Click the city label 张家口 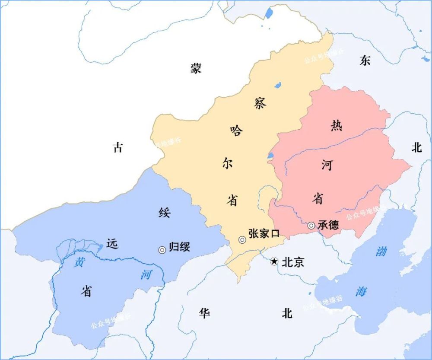(x=264, y=233)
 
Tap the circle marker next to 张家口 (x=242, y=240)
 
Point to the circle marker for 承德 (x=311, y=225)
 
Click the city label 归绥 (x=179, y=247)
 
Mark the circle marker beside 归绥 (x=162, y=249)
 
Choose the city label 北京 (x=293, y=262)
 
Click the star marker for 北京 (x=274, y=261)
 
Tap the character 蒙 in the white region (x=196, y=68)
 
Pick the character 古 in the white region (x=118, y=148)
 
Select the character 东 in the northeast (x=365, y=61)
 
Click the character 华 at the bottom (x=204, y=313)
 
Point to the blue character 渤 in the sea (x=381, y=251)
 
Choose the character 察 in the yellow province (x=260, y=103)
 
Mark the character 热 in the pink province (x=336, y=126)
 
